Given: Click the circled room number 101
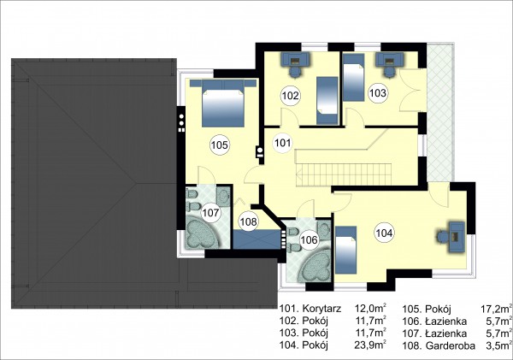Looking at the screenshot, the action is click(x=282, y=143).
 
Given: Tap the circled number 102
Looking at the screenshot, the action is click(x=291, y=96).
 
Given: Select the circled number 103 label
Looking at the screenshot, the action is click(x=378, y=93).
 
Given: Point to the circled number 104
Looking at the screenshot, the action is click(x=384, y=233).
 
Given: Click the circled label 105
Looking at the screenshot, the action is click(x=219, y=145).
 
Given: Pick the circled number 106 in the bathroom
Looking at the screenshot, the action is click(x=310, y=240).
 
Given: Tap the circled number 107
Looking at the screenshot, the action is click(x=210, y=213).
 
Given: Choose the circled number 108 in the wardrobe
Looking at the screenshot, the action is click(x=248, y=221).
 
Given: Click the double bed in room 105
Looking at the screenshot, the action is click(x=223, y=103).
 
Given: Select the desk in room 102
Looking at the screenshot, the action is click(x=296, y=59).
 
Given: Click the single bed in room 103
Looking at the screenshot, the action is click(x=354, y=78).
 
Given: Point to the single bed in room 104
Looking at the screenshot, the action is click(x=346, y=250).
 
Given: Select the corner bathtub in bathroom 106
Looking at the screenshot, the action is click(x=314, y=265).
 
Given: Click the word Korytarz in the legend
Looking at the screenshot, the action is click(x=321, y=309).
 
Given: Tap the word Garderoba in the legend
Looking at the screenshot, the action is click(x=450, y=345).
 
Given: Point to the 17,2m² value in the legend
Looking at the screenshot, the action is click(x=496, y=309).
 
